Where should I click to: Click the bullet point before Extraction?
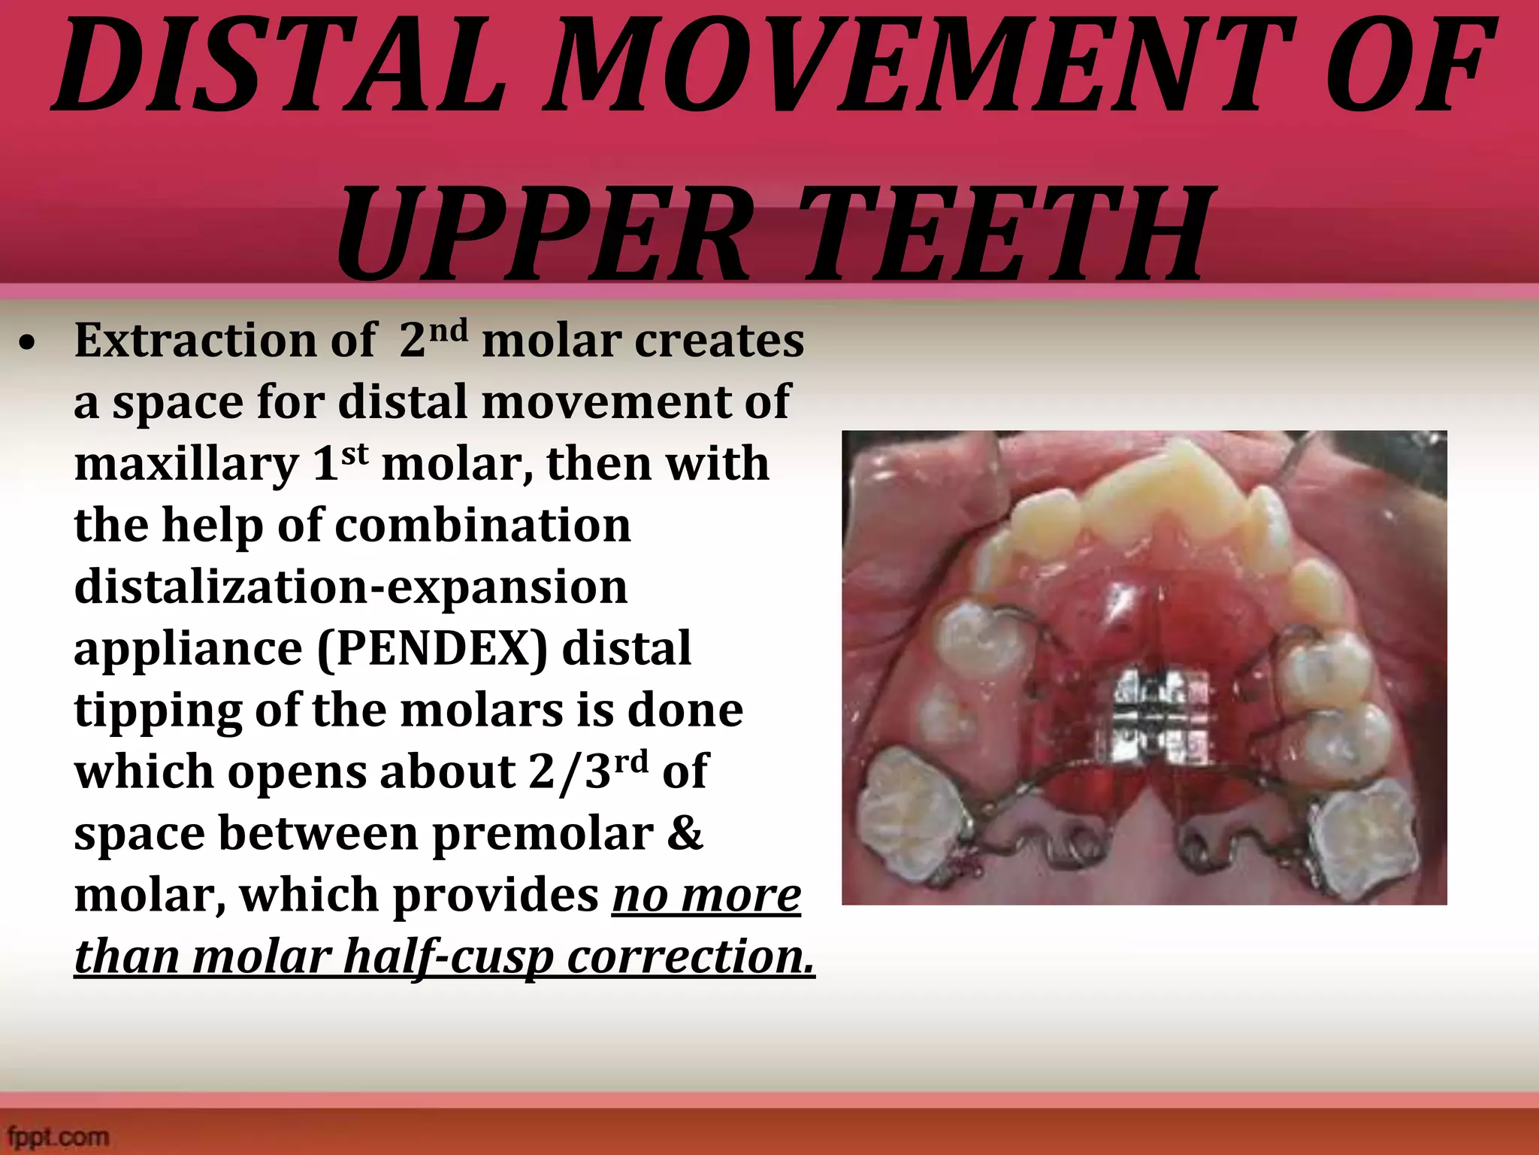coord(28,344)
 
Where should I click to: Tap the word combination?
coord(482,525)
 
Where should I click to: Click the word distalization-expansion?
coord(350,587)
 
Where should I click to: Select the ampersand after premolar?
coord(683,833)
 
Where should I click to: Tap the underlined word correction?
coord(691,956)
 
